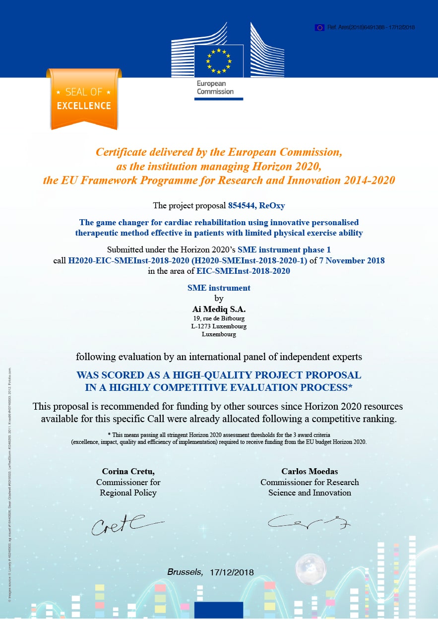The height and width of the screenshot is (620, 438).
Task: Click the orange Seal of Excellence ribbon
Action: tap(84, 99)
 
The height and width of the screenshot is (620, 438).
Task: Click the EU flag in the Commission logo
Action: tap(219, 60)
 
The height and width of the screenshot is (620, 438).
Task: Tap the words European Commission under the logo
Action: tap(215, 88)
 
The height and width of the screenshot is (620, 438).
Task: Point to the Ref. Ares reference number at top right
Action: tap(371, 27)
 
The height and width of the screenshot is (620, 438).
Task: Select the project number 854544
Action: tap(242, 205)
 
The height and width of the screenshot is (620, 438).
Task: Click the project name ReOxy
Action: tap(272, 205)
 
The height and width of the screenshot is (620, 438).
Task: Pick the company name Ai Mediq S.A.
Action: tap(219, 309)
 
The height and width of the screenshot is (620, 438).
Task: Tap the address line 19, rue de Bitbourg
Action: tap(219, 318)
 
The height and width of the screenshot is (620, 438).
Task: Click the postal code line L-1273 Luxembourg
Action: tap(219, 326)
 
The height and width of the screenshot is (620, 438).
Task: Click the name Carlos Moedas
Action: tap(310, 471)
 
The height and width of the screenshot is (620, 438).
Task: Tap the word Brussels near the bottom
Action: tap(185, 572)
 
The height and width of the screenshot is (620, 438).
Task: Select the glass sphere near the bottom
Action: tap(311, 568)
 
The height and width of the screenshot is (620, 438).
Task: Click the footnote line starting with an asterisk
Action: tap(219, 435)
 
